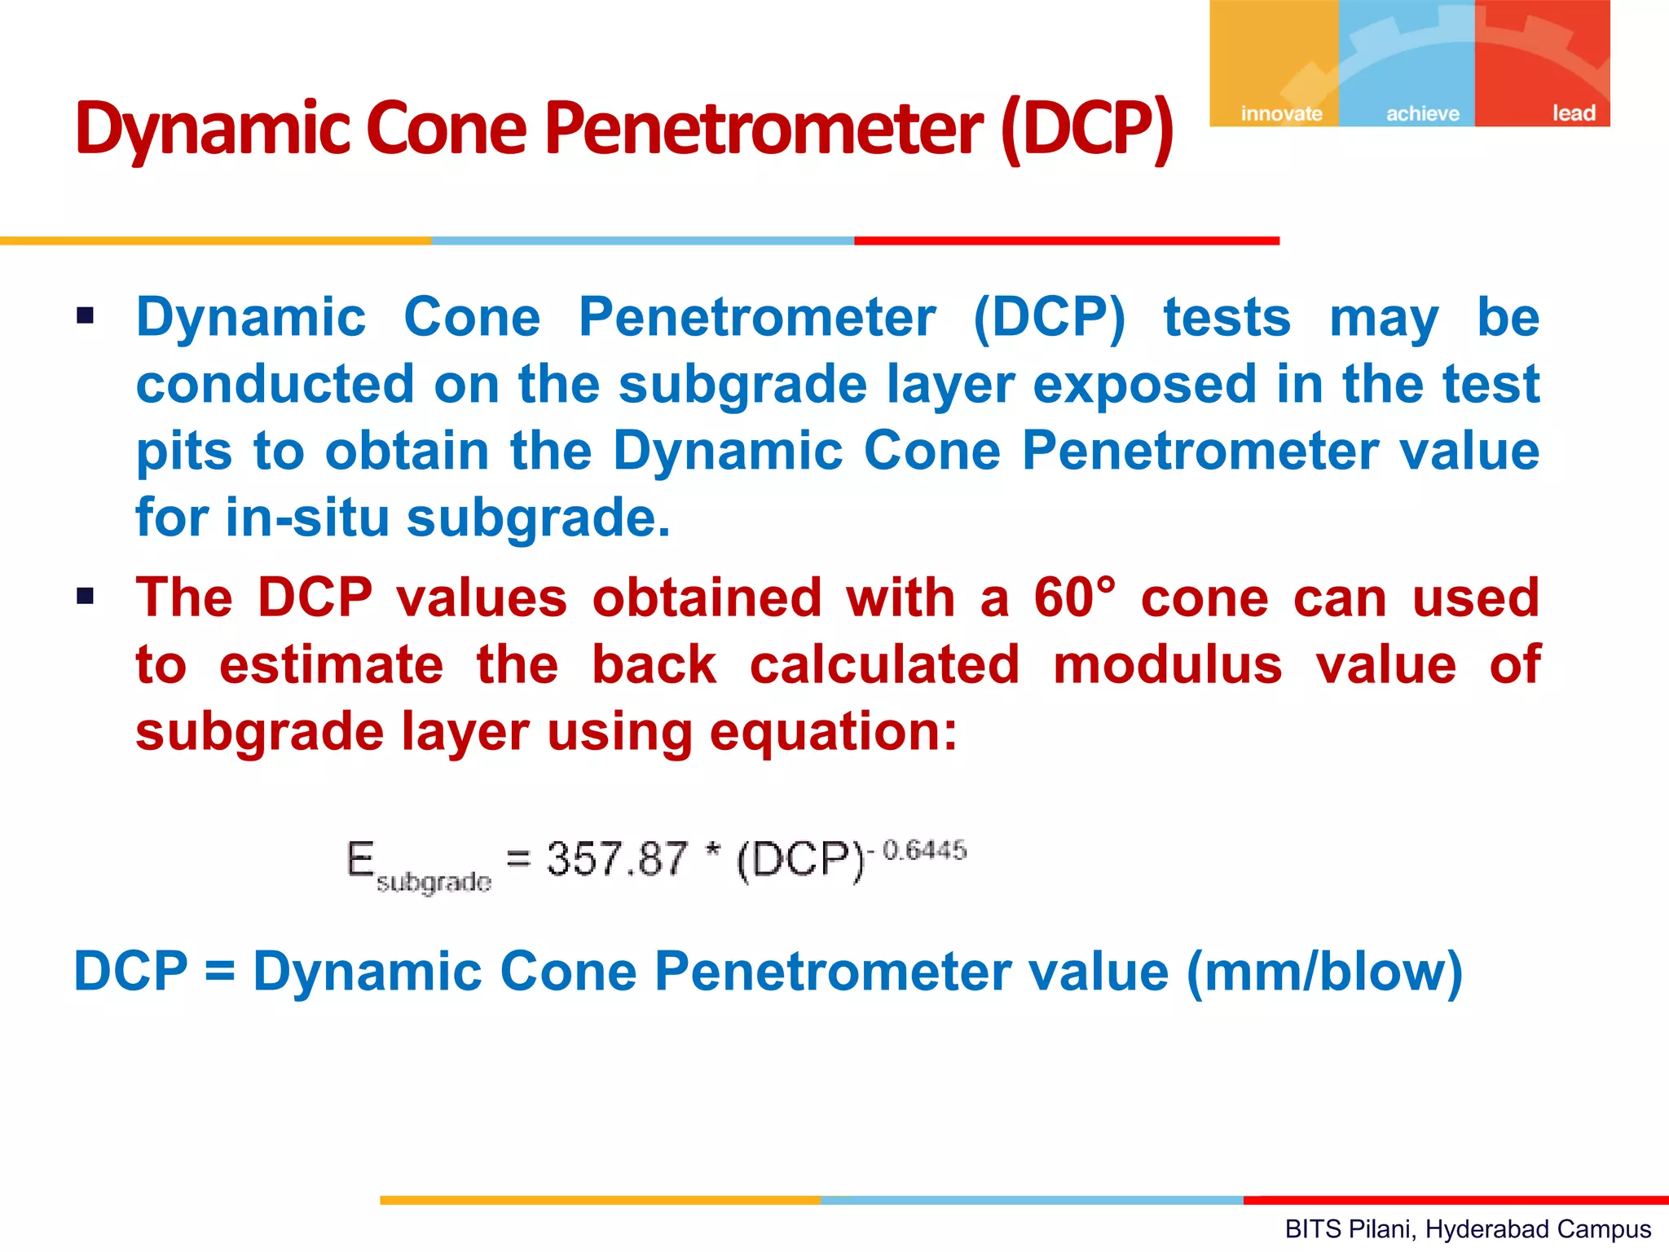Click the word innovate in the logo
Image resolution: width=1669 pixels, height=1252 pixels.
point(1281,113)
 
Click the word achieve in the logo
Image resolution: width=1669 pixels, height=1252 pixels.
point(1423,113)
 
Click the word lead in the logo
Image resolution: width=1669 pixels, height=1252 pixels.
point(1573,112)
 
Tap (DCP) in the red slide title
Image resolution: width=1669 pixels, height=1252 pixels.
point(1086,129)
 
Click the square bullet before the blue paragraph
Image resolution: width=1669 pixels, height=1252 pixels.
point(86,315)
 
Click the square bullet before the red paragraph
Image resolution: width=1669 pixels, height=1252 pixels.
point(86,597)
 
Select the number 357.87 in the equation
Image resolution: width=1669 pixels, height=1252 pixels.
point(617,858)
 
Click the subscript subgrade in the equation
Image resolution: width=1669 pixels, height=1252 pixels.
point(434,882)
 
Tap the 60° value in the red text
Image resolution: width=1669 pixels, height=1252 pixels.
point(1074,597)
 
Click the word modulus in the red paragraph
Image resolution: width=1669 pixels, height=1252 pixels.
point(1167,664)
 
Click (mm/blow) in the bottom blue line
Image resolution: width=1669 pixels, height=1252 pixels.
point(1324,972)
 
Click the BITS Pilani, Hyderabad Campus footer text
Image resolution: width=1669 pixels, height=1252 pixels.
point(1468,1228)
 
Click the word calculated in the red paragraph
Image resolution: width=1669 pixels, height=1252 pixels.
point(884,664)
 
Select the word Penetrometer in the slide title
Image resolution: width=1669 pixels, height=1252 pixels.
point(764,129)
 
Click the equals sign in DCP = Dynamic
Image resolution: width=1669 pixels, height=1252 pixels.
point(220,972)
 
